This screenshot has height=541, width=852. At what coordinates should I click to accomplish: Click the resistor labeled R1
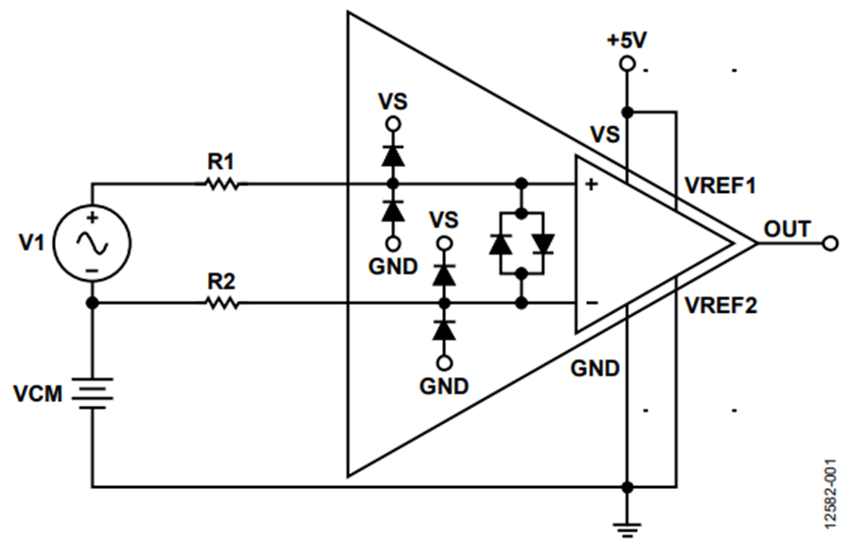click(222, 184)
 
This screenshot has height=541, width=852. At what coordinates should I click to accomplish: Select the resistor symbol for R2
click(222, 304)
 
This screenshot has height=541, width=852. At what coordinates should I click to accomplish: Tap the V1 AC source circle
click(92, 243)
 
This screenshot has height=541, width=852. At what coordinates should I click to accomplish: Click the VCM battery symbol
click(93, 393)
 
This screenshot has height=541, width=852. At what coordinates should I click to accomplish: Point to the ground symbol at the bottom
click(627, 530)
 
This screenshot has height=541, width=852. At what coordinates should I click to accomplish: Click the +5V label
click(627, 40)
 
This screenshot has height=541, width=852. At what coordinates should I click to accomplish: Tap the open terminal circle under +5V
click(627, 64)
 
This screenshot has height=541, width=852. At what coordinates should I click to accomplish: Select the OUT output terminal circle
click(830, 244)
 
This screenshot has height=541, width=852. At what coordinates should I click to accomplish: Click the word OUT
click(788, 229)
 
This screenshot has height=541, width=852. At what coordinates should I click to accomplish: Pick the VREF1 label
click(720, 185)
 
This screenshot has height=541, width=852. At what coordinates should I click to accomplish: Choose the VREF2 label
click(720, 305)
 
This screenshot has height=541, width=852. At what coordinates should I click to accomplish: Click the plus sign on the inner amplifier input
click(591, 184)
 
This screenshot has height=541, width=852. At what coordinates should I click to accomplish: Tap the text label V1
click(31, 242)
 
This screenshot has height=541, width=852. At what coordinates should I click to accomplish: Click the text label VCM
click(38, 394)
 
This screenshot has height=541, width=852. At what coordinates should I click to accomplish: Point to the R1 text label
click(222, 162)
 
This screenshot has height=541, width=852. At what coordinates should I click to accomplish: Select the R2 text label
click(222, 282)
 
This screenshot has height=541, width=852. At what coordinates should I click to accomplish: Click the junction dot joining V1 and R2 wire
click(93, 303)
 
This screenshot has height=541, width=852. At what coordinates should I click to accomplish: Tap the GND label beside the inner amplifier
click(595, 369)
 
